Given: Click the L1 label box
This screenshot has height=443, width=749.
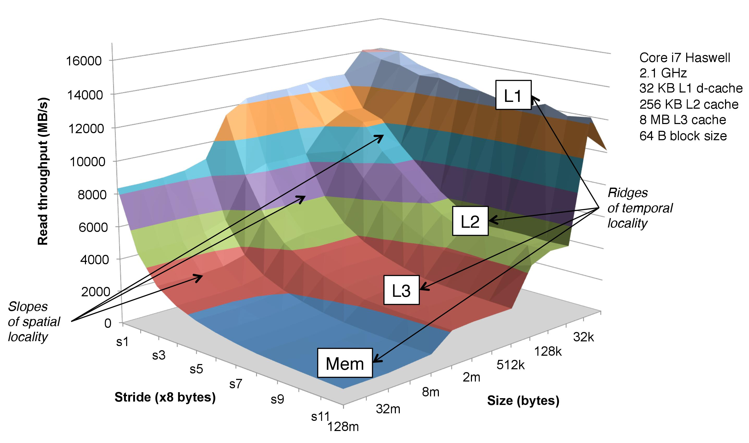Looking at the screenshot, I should coord(513,95).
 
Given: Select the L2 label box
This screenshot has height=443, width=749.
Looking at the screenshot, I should coord(470,221).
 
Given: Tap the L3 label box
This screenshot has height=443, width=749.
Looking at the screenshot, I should coord(401,290).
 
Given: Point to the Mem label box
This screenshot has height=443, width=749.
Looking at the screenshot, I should coord(345,363).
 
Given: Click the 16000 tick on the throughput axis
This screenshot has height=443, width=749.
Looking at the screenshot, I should coord(84,61).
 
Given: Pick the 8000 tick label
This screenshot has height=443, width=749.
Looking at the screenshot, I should coord(92,195).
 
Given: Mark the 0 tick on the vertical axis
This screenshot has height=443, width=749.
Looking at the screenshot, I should coord(108,323).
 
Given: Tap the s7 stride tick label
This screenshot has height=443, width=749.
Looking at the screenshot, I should coord(236,384).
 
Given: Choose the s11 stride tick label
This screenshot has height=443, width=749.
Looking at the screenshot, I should coord(320,416).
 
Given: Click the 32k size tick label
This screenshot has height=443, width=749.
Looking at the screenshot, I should coord(583,337).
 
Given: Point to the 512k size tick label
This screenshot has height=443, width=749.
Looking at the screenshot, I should coord(511,365).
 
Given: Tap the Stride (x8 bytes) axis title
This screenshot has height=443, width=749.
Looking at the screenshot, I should coord(165,397).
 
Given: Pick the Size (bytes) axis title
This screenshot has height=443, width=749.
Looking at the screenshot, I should coord(523,400).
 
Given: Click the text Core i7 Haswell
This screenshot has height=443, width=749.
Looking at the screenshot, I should coord(685,58).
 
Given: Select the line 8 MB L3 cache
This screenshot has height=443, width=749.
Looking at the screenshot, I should coord(683,120).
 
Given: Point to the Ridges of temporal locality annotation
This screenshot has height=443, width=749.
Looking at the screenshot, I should coord(640,208).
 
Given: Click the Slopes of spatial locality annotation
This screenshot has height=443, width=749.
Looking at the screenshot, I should coord(34,322).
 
